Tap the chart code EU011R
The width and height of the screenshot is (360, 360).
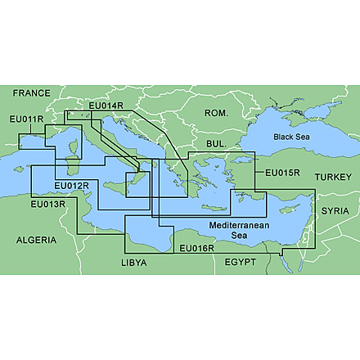pos(25,120)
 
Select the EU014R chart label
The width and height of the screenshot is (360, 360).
pos(105,106)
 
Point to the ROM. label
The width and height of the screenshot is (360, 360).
pos(215,112)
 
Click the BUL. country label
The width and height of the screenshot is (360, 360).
pos(217,143)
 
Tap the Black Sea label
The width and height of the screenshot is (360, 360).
pos(293,136)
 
